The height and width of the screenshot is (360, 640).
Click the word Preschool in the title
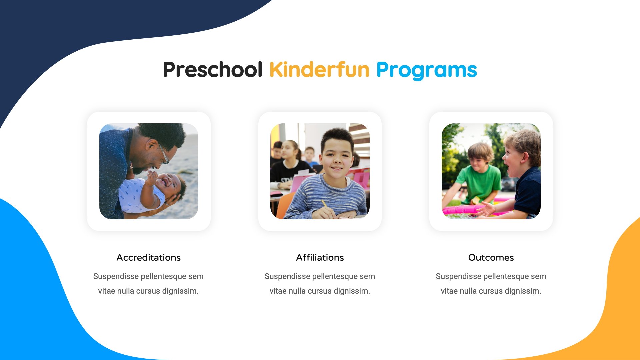click(x=212, y=70)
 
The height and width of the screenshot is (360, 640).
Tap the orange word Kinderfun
click(x=319, y=70)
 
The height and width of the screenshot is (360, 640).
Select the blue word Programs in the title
click(x=426, y=70)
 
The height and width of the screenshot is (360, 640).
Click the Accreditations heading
click(x=148, y=258)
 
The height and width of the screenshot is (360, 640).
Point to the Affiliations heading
click(x=320, y=258)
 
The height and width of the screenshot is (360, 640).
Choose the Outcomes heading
click(x=491, y=258)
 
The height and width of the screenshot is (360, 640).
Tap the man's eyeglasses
click(x=164, y=154)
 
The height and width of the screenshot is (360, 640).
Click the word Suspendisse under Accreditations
click(x=116, y=276)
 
